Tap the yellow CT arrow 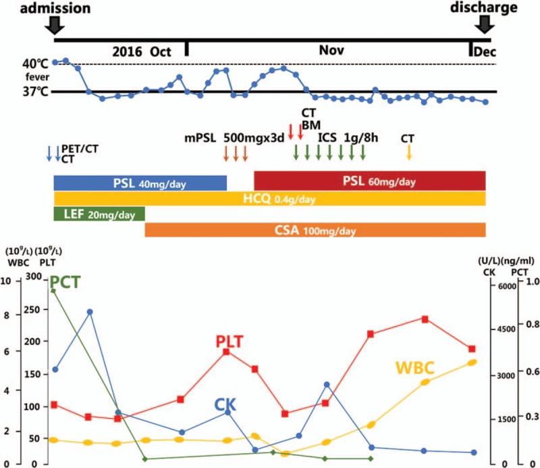408,153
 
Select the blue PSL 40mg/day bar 140,182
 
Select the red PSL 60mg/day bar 369,181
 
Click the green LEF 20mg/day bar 99,213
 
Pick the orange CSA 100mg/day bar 315,230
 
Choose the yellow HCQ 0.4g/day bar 269,198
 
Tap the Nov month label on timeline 331,51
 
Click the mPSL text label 200,137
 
